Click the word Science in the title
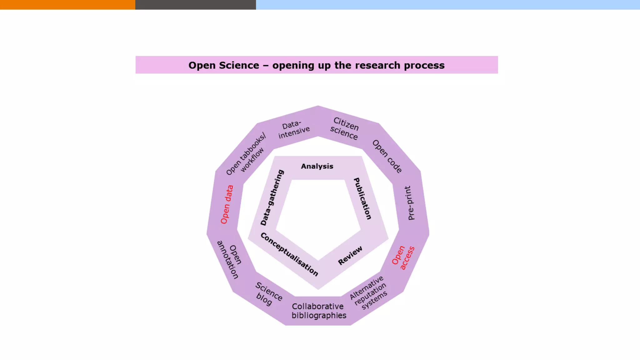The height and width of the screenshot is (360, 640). pyautogui.click(x=239, y=65)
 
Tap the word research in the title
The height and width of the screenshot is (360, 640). pyautogui.click(x=377, y=65)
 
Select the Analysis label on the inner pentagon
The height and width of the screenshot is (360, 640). pyautogui.click(x=317, y=166)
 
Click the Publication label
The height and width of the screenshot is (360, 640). pyautogui.click(x=362, y=198)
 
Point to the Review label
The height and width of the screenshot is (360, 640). pyautogui.click(x=350, y=255)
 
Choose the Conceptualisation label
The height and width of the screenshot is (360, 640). pyautogui.click(x=289, y=254)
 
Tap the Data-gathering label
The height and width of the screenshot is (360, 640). pyautogui.click(x=272, y=197)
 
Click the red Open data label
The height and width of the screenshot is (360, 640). pyautogui.click(x=227, y=204)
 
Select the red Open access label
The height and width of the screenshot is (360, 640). pyautogui.click(x=403, y=258)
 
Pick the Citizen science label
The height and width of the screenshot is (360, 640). pyautogui.click(x=345, y=128)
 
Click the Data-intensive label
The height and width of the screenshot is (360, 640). pyautogui.click(x=293, y=129)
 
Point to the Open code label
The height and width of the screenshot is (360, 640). pyautogui.click(x=387, y=156)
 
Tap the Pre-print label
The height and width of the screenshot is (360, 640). pyautogui.click(x=409, y=203)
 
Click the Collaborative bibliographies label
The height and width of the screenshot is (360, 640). pyautogui.click(x=318, y=311)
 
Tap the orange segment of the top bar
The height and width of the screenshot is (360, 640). pyautogui.click(x=67, y=5)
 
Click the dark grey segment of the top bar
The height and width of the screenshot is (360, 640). pyautogui.click(x=195, y=5)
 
